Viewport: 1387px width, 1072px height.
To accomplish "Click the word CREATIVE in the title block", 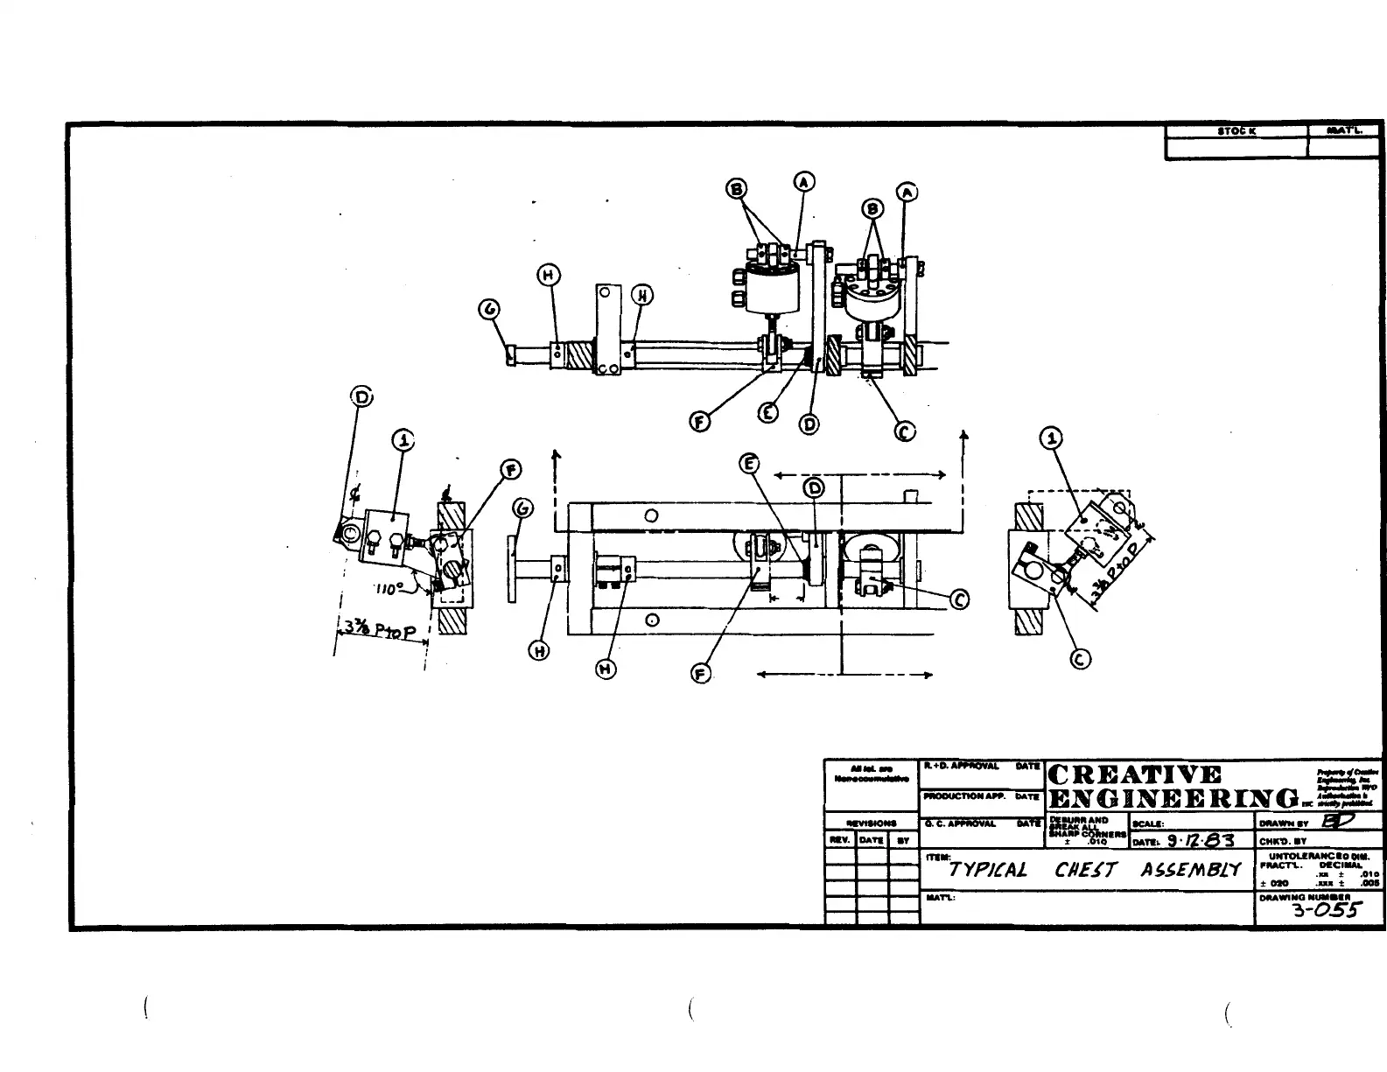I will [x=1134, y=775].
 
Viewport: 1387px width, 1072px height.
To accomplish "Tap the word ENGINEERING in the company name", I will [x=1173, y=799].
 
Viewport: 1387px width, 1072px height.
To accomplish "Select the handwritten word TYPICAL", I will [x=988, y=870].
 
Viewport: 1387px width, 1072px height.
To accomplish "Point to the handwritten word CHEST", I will [x=1086, y=870].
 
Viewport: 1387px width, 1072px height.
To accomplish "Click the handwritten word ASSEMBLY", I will [x=1190, y=870].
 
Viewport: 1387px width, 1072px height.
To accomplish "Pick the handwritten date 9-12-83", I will [x=1200, y=841].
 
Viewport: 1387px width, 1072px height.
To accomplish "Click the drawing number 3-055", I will [x=1326, y=910].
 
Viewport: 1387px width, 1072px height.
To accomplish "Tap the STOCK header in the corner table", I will [x=1236, y=131].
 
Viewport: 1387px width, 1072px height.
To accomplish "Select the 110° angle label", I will [x=388, y=588].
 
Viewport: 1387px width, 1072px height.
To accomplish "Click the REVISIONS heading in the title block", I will [x=872, y=823].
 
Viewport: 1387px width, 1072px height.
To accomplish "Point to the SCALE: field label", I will [x=1149, y=824].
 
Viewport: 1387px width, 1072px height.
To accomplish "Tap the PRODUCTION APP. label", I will [x=955, y=797].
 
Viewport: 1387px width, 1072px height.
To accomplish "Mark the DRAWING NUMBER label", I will [x=1292, y=897].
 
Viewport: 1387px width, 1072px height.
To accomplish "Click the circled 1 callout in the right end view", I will [x=1053, y=438].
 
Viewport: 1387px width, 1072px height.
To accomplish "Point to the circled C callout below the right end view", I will [x=1081, y=660].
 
